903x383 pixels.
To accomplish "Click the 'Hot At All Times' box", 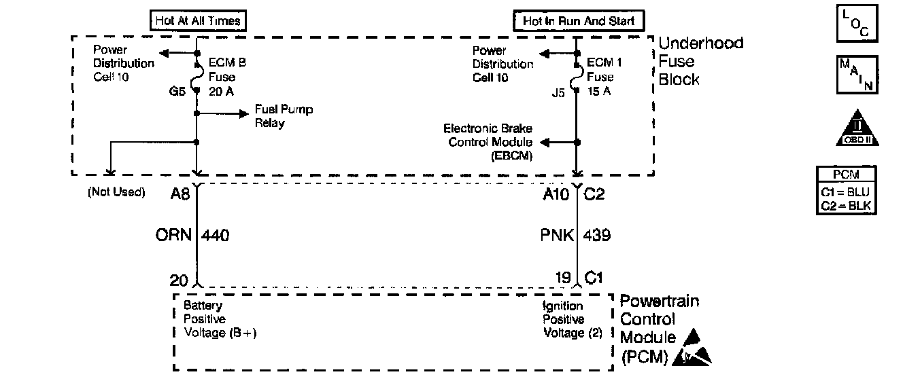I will [x=196, y=21].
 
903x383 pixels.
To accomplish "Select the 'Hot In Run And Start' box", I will [x=578, y=21].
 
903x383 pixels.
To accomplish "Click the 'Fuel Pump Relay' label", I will [x=284, y=116].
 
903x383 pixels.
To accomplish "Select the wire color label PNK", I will [x=556, y=236].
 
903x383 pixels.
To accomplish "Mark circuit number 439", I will [x=597, y=236].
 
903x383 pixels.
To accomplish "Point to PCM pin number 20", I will [x=180, y=278].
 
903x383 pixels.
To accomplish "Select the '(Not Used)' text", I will [x=116, y=192].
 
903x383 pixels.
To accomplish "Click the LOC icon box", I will [x=857, y=24].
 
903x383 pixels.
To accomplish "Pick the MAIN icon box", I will [x=857, y=75].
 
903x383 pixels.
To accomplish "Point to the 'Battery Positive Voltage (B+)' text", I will [x=219, y=319].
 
